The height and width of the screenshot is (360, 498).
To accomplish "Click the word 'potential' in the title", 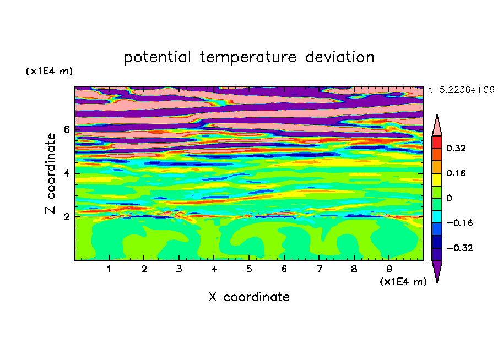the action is (x=157, y=57).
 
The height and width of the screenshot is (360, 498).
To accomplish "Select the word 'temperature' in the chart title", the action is (x=248, y=57).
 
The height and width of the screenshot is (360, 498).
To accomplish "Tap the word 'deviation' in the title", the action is (x=340, y=57).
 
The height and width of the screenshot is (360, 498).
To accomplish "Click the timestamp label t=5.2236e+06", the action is (x=461, y=90).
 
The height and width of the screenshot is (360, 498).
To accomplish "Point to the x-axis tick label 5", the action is (x=249, y=269).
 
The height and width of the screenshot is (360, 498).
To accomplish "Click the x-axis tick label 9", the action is (x=389, y=269).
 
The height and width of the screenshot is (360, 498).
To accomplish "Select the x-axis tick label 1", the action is (x=109, y=269).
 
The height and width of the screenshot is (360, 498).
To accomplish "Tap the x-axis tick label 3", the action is (x=179, y=269).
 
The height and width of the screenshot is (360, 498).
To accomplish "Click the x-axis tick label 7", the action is (x=319, y=269).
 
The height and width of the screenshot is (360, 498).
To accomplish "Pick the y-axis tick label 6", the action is (x=66, y=129).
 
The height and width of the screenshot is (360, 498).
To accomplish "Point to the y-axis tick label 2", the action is (x=66, y=217).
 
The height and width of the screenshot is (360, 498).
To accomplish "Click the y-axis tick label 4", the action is (x=66, y=173).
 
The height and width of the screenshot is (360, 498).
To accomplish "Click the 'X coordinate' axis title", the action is (x=250, y=297).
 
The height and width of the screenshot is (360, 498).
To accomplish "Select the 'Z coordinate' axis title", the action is (x=51, y=173).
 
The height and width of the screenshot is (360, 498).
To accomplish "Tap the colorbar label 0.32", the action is (x=456, y=148).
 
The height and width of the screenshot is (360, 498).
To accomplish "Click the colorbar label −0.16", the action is (x=459, y=223).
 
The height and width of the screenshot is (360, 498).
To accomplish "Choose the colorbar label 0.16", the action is (x=456, y=173).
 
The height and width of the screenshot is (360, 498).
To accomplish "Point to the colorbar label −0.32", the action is (x=459, y=248).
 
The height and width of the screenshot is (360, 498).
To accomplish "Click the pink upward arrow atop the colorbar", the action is (x=437, y=127).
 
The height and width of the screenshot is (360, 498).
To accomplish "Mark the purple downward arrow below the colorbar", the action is (x=437, y=269).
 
